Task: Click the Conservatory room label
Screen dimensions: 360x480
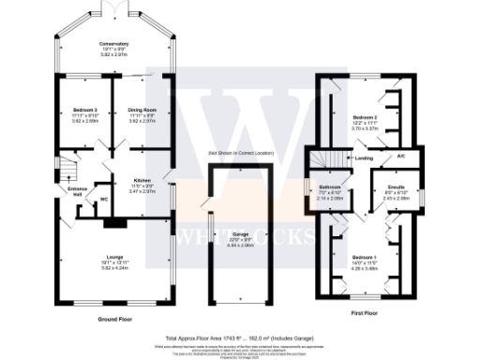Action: (x=114, y=43)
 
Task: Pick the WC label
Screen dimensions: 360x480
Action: (x=104, y=200)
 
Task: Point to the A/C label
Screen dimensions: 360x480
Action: (x=399, y=157)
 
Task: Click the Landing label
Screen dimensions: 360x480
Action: (x=363, y=158)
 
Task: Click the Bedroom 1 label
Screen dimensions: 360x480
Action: (x=365, y=256)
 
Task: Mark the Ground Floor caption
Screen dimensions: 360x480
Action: (x=112, y=319)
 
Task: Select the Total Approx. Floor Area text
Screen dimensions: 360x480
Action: (x=239, y=336)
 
